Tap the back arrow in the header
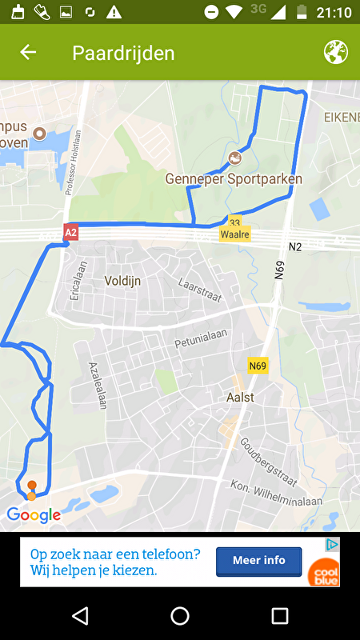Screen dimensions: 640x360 click(x=28, y=53)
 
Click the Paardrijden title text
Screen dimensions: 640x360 click(x=123, y=54)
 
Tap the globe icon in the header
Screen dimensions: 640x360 click(x=336, y=53)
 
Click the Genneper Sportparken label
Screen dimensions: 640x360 click(x=234, y=178)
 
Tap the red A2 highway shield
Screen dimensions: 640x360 click(x=71, y=233)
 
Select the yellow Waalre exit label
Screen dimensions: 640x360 click(x=234, y=234)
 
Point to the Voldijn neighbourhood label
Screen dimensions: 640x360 click(x=122, y=281)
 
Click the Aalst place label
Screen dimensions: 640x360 click(x=240, y=397)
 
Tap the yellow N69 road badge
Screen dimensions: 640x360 click(x=258, y=366)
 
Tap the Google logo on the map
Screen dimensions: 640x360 click(x=34, y=515)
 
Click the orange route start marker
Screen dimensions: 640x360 click(x=32, y=486)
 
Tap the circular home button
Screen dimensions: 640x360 click(x=180, y=615)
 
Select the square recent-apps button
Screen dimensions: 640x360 click(x=280, y=615)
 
